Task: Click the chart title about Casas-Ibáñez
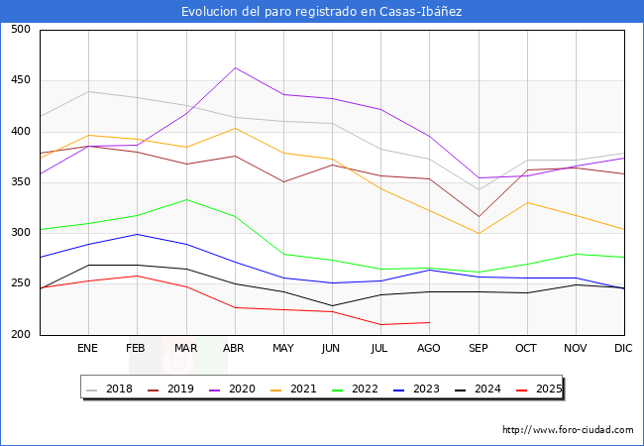tap(322, 12)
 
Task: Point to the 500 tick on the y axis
tap(20, 30)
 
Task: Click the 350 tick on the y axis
tap(20, 182)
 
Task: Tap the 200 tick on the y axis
tap(20, 335)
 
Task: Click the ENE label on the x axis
tap(87, 349)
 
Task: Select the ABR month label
tap(234, 349)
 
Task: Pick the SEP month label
tap(478, 349)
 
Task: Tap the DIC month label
tap(623, 349)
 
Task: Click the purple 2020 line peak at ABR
tap(235, 67)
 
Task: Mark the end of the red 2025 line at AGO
tap(429, 322)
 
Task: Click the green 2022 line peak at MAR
tap(185, 199)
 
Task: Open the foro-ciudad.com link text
tap(568, 430)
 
